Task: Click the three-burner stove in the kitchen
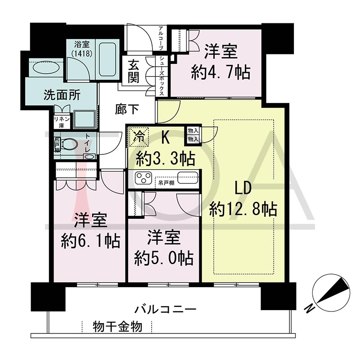point(144,178)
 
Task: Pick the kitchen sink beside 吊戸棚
point(188,177)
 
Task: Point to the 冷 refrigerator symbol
point(139,137)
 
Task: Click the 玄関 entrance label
point(133,71)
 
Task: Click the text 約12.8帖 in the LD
point(243,209)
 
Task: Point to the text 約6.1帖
point(90,241)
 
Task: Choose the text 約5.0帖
point(164,258)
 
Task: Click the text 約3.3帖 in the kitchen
point(166,158)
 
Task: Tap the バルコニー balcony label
point(165,309)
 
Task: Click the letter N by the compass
point(310,308)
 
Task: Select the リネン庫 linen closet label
point(62,122)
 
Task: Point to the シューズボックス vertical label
point(162,76)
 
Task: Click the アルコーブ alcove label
point(161,39)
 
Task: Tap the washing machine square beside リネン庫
point(85,119)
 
